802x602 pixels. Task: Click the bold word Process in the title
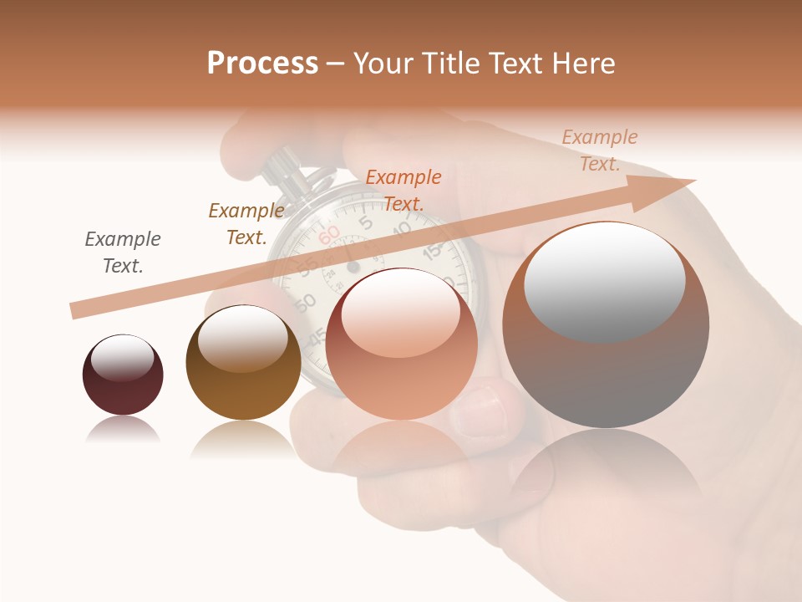coord(262,64)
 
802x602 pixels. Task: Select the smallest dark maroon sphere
coord(123,375)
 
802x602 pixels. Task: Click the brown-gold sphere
coord(243,363)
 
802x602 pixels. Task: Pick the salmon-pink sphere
coord(402,344)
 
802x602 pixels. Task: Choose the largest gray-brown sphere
coord(606,326)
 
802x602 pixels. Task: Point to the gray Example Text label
coord(123,253)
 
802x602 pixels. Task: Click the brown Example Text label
coord(246,224)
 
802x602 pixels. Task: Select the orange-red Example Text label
coord(404,190)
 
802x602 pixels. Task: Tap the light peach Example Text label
coord(599,150)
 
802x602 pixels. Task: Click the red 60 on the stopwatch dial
coord(329,233)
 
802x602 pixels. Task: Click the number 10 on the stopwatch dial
coord(401,227)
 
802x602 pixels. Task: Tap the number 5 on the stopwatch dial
coord(365,221)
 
